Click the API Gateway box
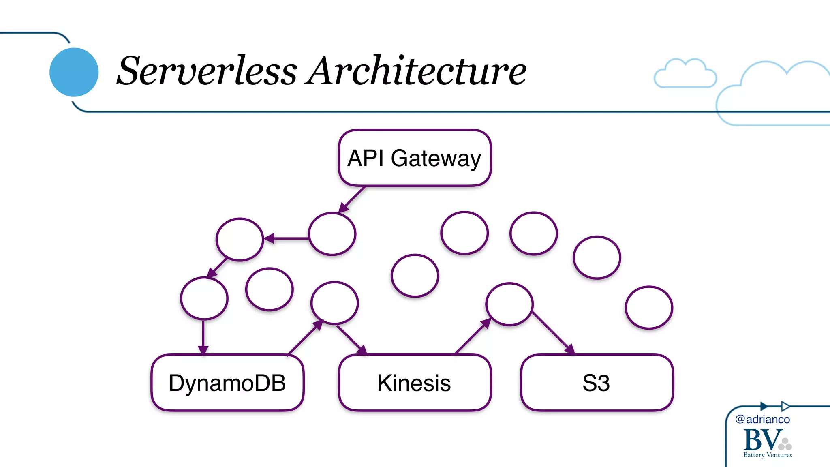[x=415, y=158]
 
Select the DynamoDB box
[x=227, y=383]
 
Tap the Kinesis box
[x=415, y=383]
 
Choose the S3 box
[x=597, y=383]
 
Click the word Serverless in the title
[x=207, y=71]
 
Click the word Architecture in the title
[x=415, y=71]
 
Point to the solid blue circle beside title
[x=74, y=72]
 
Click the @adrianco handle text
[x=762, y=419]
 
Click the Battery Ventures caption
[x=767, y=455]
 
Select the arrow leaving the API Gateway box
[x=352, y=199]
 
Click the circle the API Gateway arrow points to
[x=332, y=234]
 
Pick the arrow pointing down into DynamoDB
[x=203, y=336]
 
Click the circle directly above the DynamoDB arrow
[x=204, y=298]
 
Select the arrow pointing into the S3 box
[x=553, y=332]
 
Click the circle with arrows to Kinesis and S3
[x=509, y=304]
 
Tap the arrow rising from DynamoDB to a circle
[x=305, y=337]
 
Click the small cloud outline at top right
[x=685, y=74]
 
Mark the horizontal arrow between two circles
[x=286, y=238]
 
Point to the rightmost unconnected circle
[x=648, y=307]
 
